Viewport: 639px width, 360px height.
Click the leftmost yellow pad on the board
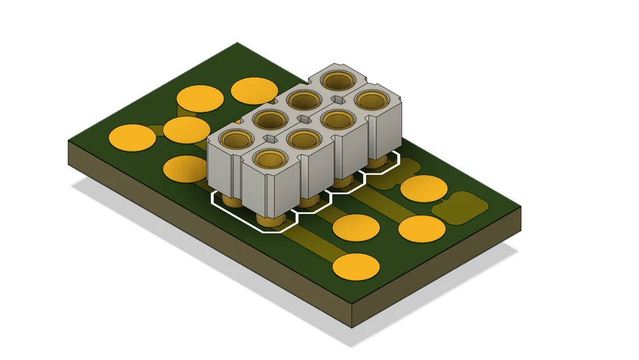coord(132,138)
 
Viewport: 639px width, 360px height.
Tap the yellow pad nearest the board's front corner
coord(356,266)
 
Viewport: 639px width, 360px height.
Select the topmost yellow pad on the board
coord(254,90)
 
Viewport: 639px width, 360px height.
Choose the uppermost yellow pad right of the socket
coord(423,188)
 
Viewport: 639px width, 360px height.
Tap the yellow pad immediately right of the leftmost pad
coord(186,130)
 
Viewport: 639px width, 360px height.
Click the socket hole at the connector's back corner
coord(338,81)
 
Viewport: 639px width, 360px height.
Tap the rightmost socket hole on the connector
coord(372,100)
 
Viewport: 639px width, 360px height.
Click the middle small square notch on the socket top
coord(304,120)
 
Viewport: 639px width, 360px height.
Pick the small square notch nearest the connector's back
coord(339,100)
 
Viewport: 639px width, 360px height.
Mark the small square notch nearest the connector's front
coord(270,139)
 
